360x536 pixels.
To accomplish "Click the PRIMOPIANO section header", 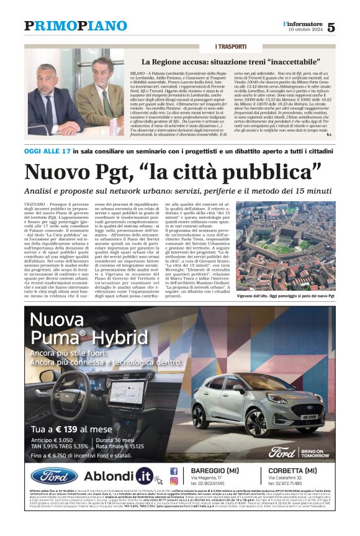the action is (x=75, y=25).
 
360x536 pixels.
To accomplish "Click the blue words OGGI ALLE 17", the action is (x=47, y=151).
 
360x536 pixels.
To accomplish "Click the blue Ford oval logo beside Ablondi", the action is (x=54, y=476).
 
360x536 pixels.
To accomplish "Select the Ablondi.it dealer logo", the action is (x=119, y=476).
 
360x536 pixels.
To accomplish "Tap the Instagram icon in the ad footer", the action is (x=174, y=480).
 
